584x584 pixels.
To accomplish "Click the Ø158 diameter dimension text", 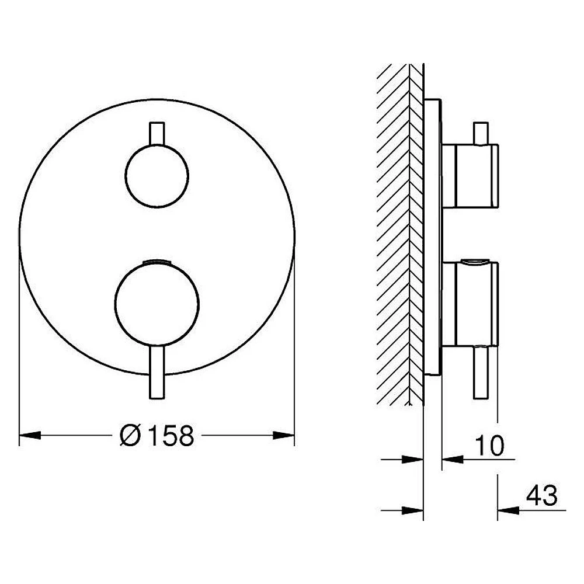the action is click(157, 435).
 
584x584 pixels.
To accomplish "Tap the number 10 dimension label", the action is click(490, 445).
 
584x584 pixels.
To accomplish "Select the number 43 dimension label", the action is click(542, 495).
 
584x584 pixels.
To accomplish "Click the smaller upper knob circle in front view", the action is click(157, 176).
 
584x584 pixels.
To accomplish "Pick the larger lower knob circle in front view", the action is click(157, 304).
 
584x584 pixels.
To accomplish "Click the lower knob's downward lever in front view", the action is click(157, 373).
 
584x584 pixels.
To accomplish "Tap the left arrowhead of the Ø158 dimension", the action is click(30, 435).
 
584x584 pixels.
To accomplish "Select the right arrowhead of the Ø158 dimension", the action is click(284, 435).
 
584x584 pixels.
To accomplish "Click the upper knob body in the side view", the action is click(470, 176).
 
